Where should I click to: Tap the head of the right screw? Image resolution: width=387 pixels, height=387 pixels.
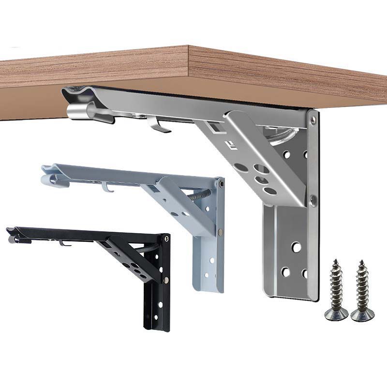(362, 315)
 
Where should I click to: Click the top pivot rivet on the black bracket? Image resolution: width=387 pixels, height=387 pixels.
(166, 238)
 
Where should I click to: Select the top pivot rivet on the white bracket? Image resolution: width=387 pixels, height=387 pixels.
(221, 183)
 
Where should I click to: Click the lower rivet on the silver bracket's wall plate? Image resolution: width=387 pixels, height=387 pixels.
(313, 198)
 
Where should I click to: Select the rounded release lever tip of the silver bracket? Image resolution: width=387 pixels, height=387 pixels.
(77, 112)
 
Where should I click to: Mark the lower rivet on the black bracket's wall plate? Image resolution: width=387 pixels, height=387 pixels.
(166, 281)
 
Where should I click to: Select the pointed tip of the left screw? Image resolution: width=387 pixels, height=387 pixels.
(334, 263)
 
